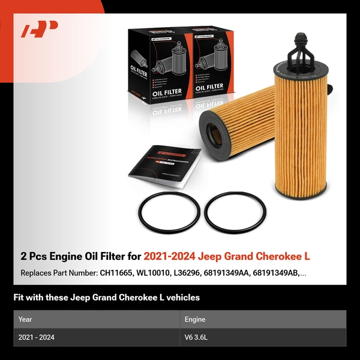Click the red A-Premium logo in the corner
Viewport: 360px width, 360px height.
[x=39, y=29]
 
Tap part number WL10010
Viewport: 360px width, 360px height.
[x=159, y=273]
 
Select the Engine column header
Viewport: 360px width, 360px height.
[x=195, y=320]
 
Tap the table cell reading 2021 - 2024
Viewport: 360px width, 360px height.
[x=36, y=338]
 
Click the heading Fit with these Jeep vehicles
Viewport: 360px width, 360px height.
[x=106, y=297]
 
